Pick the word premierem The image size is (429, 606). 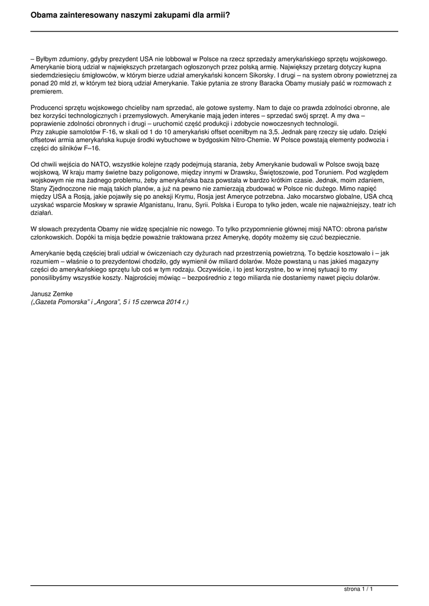pos(46,93)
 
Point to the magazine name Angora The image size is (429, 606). pos(108,302)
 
